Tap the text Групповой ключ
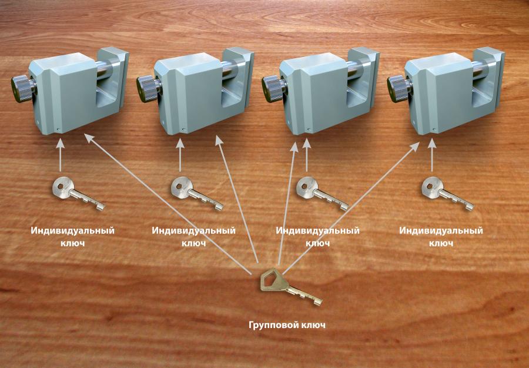click(x=287, y=325)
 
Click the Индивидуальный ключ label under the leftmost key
click(x=73, y=237)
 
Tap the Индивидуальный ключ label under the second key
click(x=193, y=237)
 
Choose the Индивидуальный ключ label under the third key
click(x=318, y=237)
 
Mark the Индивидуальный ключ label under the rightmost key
click(x=441, y=237)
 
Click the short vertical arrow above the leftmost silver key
click(x=60, y=155)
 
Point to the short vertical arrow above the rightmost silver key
click(x=432, y=155)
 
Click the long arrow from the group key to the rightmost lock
click(x=351, y=208)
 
